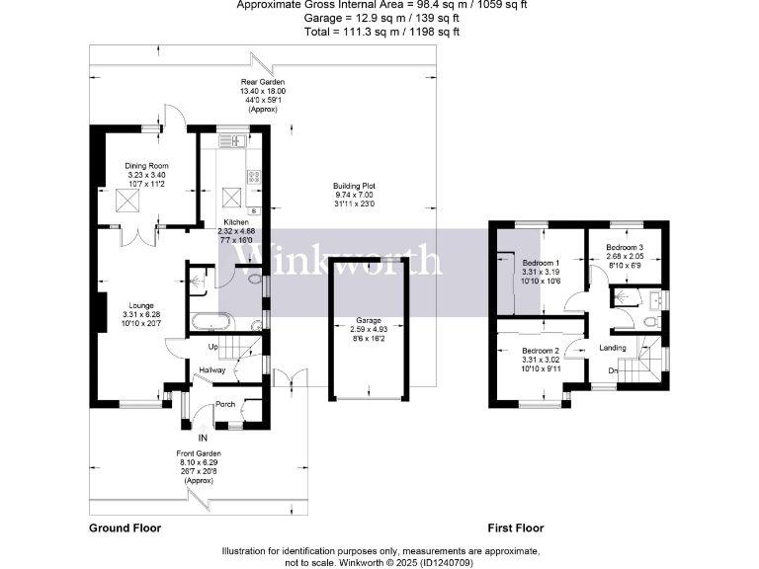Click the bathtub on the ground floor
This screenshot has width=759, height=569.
pyautogui.click(x=209, y=321)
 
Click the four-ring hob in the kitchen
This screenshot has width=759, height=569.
pyautogui.click(x=253, y=178)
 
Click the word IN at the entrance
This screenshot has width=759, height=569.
pyautogui.click(x=204, y=437)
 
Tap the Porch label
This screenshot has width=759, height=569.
pyautogui.click(x=225, y=403)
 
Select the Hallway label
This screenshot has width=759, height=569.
pyautogui.click(x=212, y=370)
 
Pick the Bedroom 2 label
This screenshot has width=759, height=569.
pyautogui.click(x=540, y=352)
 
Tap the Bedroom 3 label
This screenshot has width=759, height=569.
pyautogui.click(x=625, y=247)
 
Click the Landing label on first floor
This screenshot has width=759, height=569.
pyautogui.click(x=612, y=347)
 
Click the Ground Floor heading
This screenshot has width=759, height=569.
pyautogui.click(x=125, y=528)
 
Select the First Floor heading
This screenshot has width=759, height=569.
pyautogui.click(x=517, y=528)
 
